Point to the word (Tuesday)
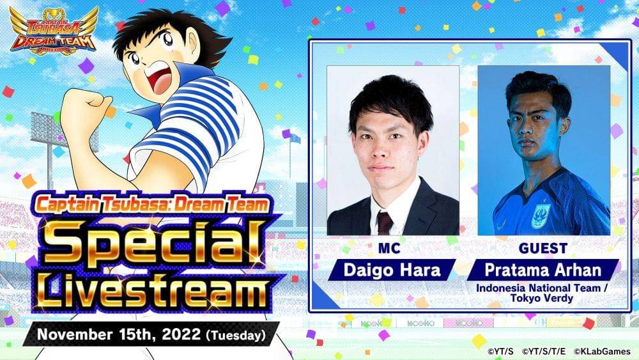240,334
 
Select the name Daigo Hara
392,269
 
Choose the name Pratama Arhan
544,269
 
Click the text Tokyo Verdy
544,299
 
